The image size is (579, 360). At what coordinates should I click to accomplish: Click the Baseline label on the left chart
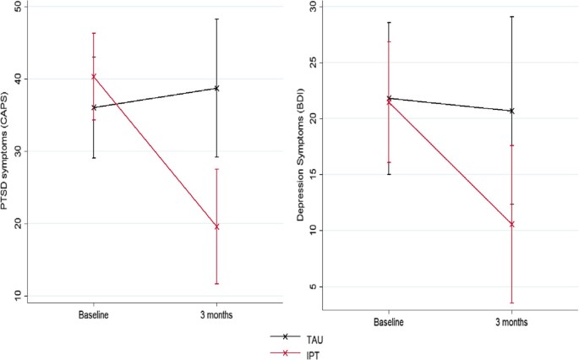[x=94, y=315]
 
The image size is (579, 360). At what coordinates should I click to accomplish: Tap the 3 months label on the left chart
[x=216, y=315]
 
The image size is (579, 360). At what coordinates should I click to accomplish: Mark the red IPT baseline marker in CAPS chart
[x=94, y=76]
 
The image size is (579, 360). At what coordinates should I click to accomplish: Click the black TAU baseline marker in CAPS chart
[x=94, y=107]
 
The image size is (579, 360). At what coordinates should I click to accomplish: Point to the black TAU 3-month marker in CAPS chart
[x=216, y=88]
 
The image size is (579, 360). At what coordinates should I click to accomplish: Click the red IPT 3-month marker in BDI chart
[x=511, y=224]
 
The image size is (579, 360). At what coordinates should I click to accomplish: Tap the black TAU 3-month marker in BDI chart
[x=511, y=111]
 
